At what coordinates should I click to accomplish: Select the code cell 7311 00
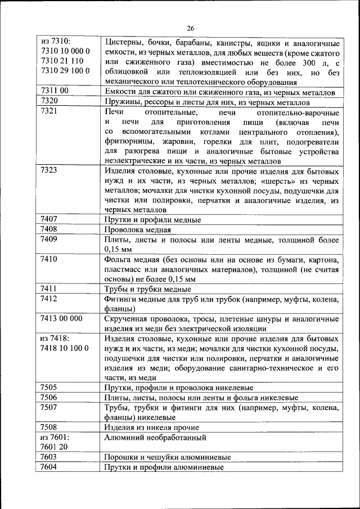pyautogui.click(x=55, y=91)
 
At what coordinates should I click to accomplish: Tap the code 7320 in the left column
pyautogui.click(x=51, y=101)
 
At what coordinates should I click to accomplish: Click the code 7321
pyautogui.click(x=51, y=111)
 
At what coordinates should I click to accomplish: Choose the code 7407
pyautogui.click(x=51, y=219)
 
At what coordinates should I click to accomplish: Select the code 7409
pyautogui.click(x=51, y=239)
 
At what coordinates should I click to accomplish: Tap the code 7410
pyautogui.click(x=51, y=259)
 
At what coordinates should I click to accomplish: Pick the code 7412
pyautogui.click(x=51, y=299)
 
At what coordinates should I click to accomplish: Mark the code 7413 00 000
pyautogui.click(x=62, y=318)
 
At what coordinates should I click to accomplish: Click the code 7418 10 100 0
pyautogui.click(x=65, y=348)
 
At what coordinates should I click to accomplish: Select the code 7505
pyautogui.click(x=51, y=388)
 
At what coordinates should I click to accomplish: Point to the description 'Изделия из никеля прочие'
pyautogui.click(x=151, y=427)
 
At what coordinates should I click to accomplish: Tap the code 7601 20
pyautogui.click(x=55, y=447)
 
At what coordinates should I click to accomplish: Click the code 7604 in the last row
pyautogui.click(x=51, y=467)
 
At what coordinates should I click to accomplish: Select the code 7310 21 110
pyautogui.click(x=62, y=61)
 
